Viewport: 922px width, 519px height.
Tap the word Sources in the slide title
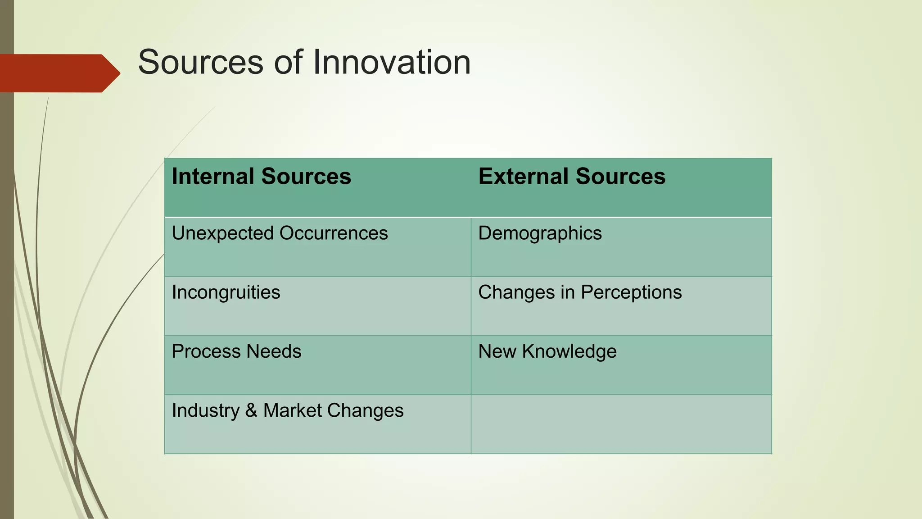coord(200,62)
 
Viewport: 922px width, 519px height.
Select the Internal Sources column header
coord(261,176)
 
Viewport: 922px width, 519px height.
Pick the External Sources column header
coord(572,176)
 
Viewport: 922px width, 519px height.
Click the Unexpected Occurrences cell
coord(280,233)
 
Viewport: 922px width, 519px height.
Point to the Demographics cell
coord(540,233)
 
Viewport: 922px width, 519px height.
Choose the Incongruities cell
coord(226,292)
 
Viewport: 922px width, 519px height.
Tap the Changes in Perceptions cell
coord(580,292)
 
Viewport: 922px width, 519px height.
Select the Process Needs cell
coord(236,351)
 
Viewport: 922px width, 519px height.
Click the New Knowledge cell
coord(547,351)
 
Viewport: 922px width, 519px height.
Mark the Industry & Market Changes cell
coord(288,410)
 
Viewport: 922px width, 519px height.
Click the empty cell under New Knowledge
coord(621,424)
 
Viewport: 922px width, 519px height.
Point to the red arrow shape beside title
coord(59,73)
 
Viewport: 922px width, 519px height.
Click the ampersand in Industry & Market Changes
coord(251,410)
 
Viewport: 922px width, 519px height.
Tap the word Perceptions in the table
coord(631,292)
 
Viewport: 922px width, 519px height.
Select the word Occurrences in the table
coord(334,233)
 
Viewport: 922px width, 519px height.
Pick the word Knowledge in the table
coord(569,351)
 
